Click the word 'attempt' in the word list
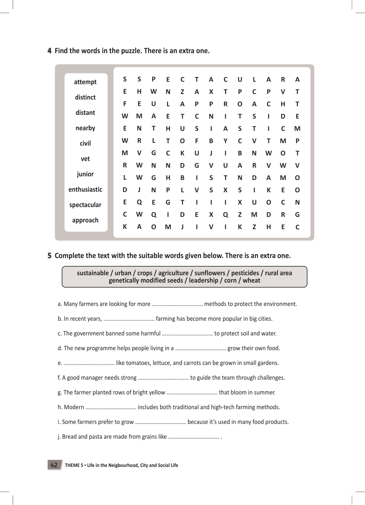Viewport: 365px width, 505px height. click(x=85, y=82)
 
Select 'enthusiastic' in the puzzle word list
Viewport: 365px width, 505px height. click(x=85, y=190)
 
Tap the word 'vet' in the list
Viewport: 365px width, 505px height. click(x=85, y=159)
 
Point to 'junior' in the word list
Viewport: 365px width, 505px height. click(x=85, y=174)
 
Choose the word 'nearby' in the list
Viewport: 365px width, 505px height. click(x=85, y=128)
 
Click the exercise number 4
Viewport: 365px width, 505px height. click(x=49, y=51)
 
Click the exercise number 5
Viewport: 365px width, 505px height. click(x=49, y=256)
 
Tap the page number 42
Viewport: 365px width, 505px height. click(x=54, y=465)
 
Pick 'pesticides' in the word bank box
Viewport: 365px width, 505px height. click(x=245, y=273)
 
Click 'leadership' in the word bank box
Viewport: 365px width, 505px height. click(x=203, y=280)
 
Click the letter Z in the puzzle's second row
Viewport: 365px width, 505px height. click(x=182, y=92)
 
